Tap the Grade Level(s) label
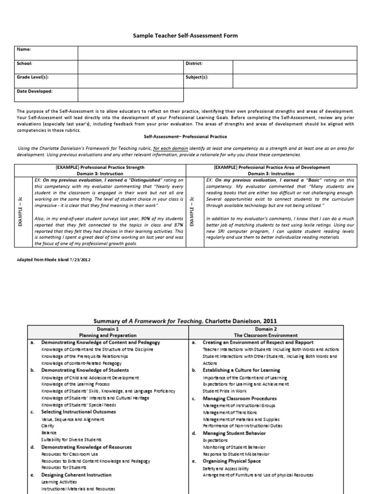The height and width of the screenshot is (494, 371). tap(33, 77)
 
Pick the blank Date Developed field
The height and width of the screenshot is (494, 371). tap(130, 91)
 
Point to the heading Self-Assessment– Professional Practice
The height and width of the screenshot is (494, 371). tap(185, 137)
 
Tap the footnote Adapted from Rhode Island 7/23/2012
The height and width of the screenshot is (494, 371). tap(53, 259)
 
